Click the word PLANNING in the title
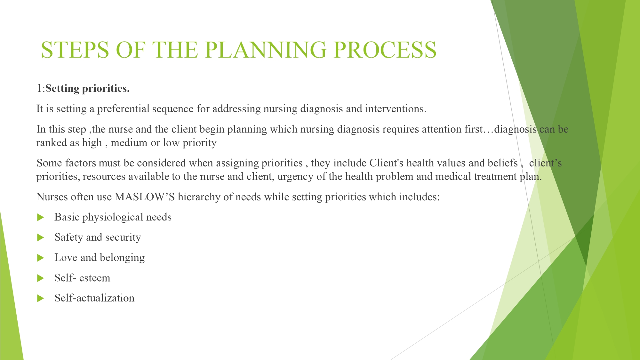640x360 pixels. click(266, 50)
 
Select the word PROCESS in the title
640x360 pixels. click(385, 50)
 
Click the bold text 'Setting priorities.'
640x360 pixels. click(87, 89)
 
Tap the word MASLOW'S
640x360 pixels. click(145, 197)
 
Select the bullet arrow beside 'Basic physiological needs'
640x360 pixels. click(41, 218)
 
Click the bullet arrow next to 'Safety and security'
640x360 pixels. click(41, 238)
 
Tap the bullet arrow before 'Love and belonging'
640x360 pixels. click(41, 258)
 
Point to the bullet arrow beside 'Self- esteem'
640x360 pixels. click(41, 278)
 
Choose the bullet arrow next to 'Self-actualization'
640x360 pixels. click(41, 299)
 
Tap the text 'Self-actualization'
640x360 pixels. click(94, 298)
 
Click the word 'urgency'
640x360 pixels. click(296, 177)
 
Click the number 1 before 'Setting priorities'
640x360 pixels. click(39, 89)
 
